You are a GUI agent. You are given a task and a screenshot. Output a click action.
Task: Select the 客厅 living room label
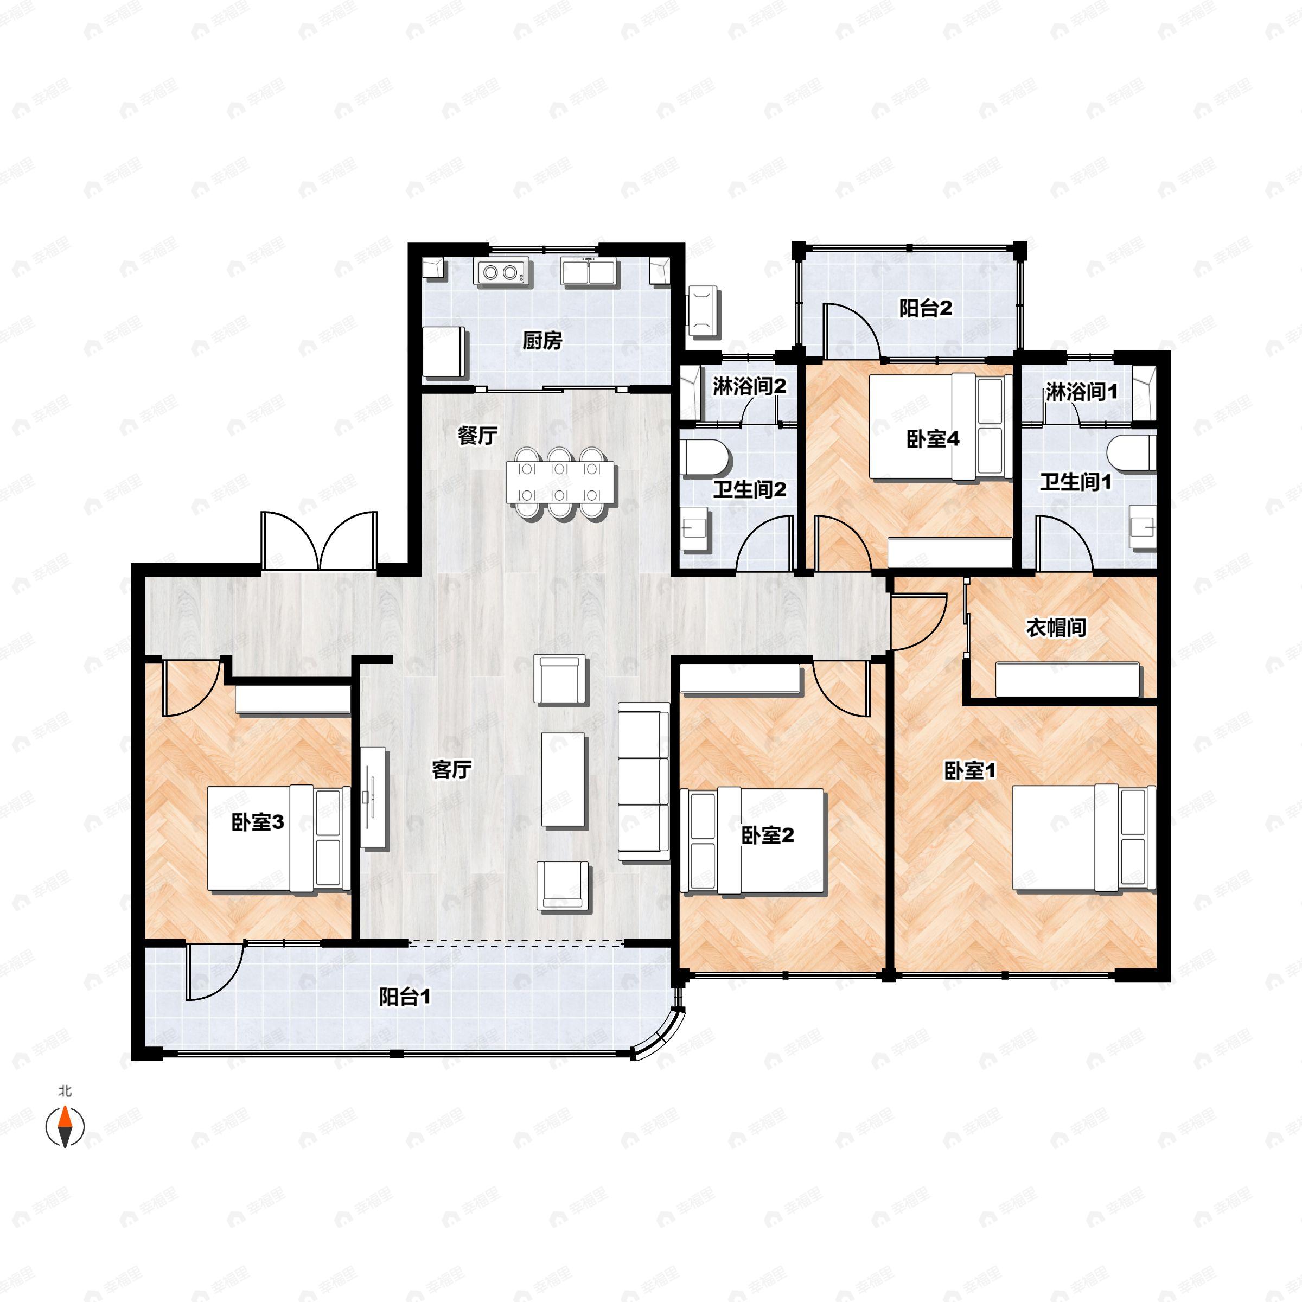tap(451, 769)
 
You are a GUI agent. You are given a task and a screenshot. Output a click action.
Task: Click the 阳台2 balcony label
tap(926, 309)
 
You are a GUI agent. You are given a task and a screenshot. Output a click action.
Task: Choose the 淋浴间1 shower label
tap(1081, 392)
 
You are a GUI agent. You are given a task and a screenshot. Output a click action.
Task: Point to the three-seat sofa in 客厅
tap(643, 782)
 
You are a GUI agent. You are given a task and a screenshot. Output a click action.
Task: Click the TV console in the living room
tap(373, 798)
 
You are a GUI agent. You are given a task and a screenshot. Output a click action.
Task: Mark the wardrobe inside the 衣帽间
tap(1067, 680)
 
